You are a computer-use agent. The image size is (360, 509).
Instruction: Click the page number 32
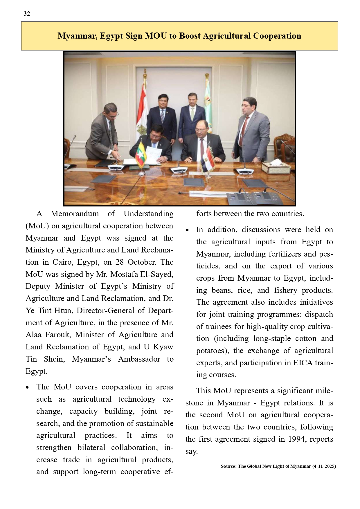click(27, 14)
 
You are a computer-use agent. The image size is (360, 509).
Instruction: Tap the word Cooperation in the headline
click(277, 36)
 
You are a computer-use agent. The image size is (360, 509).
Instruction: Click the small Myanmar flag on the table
click(141, 155)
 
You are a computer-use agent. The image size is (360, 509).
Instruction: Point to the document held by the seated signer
click(154, 153)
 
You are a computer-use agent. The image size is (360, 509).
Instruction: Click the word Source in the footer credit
click(228, 466)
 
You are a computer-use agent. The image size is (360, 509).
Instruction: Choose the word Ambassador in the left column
click(139, 359)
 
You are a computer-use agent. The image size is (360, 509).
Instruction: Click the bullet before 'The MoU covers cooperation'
click(27, 387)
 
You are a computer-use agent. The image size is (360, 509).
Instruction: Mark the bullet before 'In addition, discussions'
click(187, 230)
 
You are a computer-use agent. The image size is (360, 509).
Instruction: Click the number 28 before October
click(120, 262)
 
